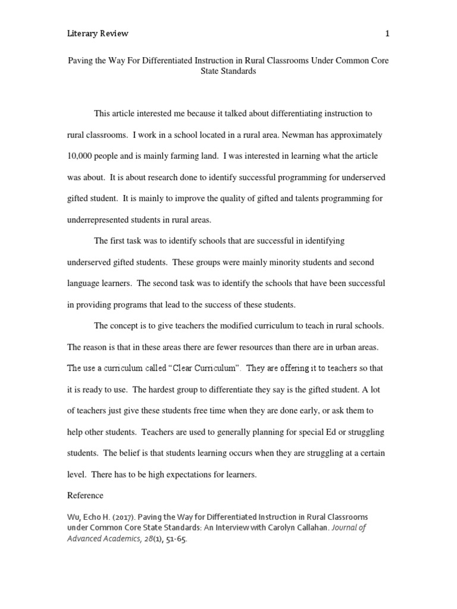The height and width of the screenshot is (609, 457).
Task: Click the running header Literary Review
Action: click(x=97, y=34)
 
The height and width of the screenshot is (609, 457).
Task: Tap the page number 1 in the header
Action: click(x=387, y=34)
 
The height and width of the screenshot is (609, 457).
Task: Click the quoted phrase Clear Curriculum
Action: click(x=204, y=368)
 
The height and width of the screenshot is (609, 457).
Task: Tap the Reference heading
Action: click(x=85, y=495)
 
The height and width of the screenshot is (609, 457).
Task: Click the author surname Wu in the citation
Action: click(x=73, y=517)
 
